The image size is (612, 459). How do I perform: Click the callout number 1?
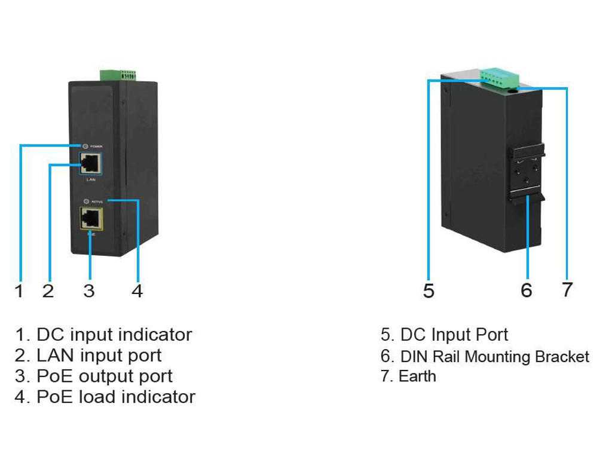[19, 291]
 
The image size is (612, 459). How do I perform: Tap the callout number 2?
[48, 291]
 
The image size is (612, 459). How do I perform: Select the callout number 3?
[89, 291]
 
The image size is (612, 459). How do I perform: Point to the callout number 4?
[137, 291]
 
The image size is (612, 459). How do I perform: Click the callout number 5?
[429, 291]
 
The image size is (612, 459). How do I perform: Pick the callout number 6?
[526, 290]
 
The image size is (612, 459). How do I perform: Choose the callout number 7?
[567, 290]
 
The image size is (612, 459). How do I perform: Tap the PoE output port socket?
[90, 218]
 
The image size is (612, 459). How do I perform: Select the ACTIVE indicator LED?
[86, 201]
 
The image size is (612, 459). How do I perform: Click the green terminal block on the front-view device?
[118, 75]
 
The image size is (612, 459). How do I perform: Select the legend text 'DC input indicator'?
[114, 335]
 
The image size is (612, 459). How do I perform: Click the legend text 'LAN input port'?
[99, 356]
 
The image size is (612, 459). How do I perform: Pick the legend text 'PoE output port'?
[104, 377]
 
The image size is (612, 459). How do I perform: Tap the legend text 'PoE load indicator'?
[115, 397]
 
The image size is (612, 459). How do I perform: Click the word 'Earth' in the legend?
[417, 377]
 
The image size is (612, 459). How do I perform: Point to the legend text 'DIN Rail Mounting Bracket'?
[494, 357]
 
